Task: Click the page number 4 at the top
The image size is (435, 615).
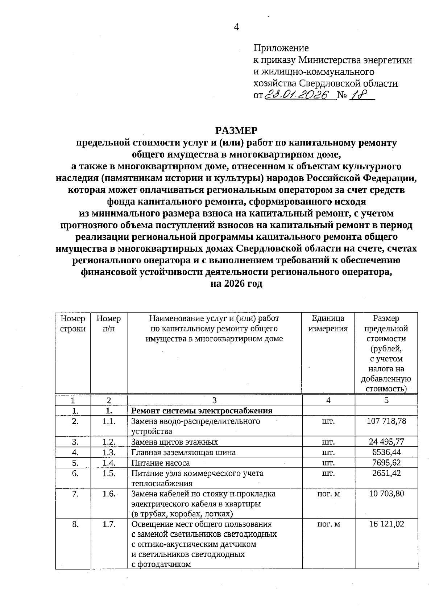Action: (x=236, y=27)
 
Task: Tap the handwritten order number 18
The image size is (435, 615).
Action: (x=359, y=95)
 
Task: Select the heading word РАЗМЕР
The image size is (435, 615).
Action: (x=236, y=131)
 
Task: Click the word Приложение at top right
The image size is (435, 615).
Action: (x=281, y=48)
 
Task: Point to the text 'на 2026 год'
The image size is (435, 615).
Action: (x=236, y=284)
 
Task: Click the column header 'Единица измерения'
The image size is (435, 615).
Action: (x=328, y=323)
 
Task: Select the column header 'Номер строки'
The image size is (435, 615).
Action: (x=73, y=323)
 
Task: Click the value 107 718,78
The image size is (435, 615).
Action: (x=386, y=421)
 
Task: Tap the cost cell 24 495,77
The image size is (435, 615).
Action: (x=386, y=442)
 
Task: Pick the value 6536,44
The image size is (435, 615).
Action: (x=386, y=452)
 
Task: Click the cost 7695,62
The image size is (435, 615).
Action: (x=386, y=463)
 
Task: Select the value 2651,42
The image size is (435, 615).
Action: (x=386, y=473)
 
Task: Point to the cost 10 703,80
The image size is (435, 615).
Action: (x=386, y=494)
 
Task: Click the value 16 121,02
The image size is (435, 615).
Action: (x=386, y=524)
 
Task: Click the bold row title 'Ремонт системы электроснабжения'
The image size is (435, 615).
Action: (x=202, y=410)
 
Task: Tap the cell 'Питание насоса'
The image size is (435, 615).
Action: (x=160, y=463)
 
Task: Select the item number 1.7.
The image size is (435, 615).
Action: (x=109, y=524)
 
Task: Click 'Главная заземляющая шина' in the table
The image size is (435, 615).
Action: (x=183, y=453)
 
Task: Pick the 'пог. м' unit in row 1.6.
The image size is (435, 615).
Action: (x=328, y=494)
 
